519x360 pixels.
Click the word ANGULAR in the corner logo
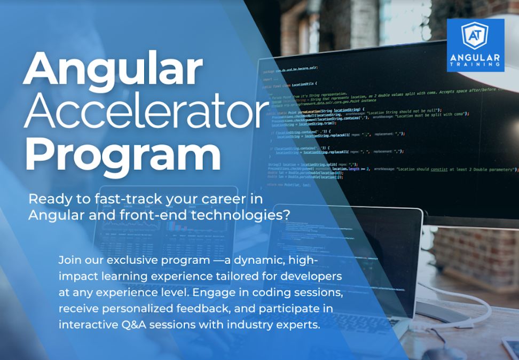tap(475, 57)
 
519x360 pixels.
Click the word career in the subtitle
tap(225, 199)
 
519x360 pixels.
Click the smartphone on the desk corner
tap(510, 347)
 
